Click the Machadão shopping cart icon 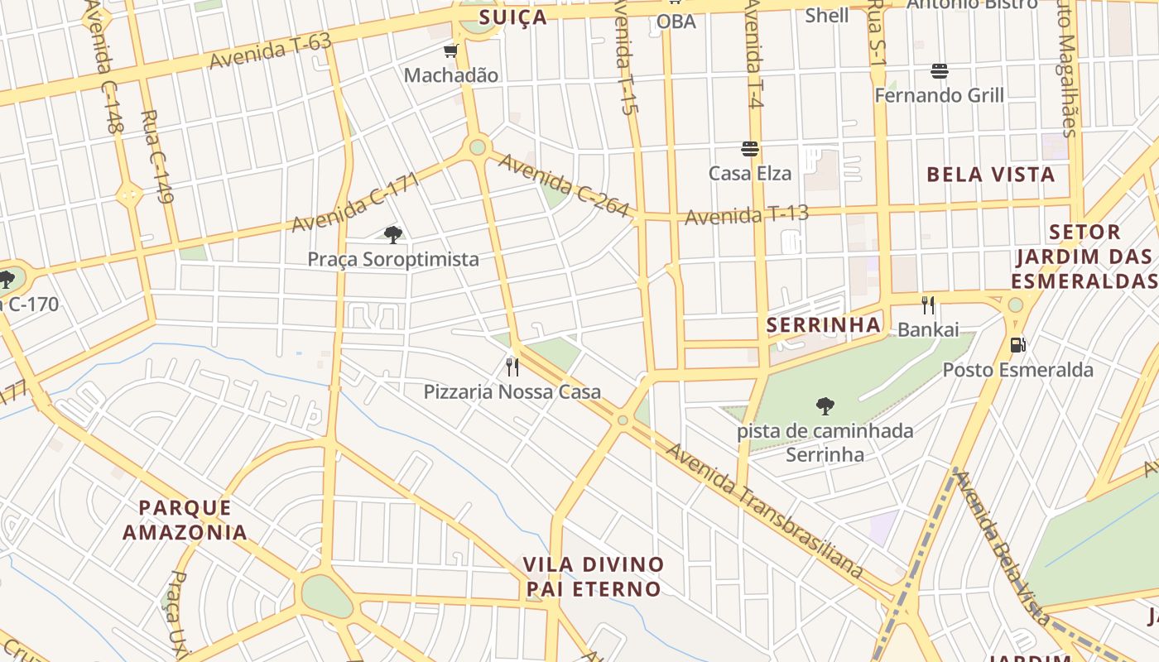(451, 52)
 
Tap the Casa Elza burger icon (750, 150)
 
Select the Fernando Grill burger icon (939, 71)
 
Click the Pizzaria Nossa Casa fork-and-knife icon (512, 367)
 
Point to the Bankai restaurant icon (928, 305)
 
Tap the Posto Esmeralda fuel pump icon (1017, 345)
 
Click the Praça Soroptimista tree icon (393, 235)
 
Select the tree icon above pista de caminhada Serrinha (825, 405)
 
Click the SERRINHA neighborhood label (824, 325)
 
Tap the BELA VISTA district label (990, 175)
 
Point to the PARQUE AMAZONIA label (185, 520)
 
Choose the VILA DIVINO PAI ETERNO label (594, 577)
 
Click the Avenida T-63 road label (270, 52)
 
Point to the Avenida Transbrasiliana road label (765, 511)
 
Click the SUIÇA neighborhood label (513, 17)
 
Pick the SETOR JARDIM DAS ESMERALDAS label (1084, 257)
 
